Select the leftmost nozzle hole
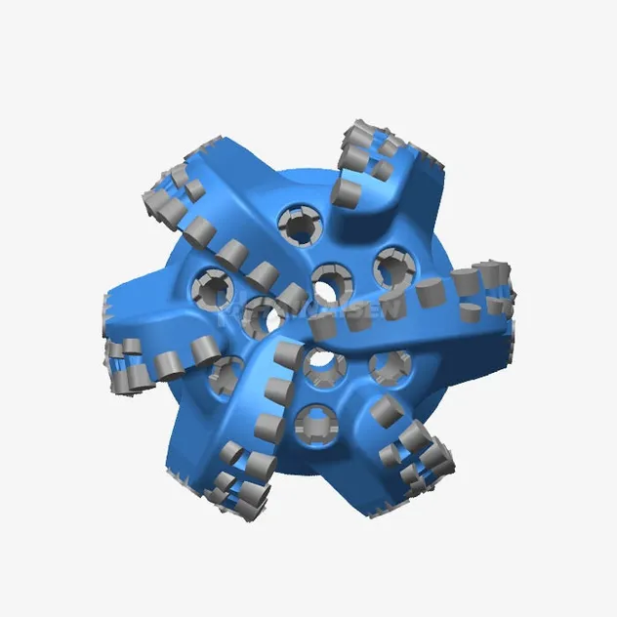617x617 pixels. [x=213, y=286]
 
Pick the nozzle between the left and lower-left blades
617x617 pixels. [x=226, y=371]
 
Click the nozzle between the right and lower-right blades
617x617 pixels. [x=391, y=366]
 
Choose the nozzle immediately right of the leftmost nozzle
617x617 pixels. [x=260, y=314]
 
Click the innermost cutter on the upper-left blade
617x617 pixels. [x=291, y=297]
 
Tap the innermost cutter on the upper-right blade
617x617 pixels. [x=347, y=189]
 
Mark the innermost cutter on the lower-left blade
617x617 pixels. [x=289, y=356]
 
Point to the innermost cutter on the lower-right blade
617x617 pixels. [x=386, y=409]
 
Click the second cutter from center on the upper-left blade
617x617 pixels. [x=261, y=274]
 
